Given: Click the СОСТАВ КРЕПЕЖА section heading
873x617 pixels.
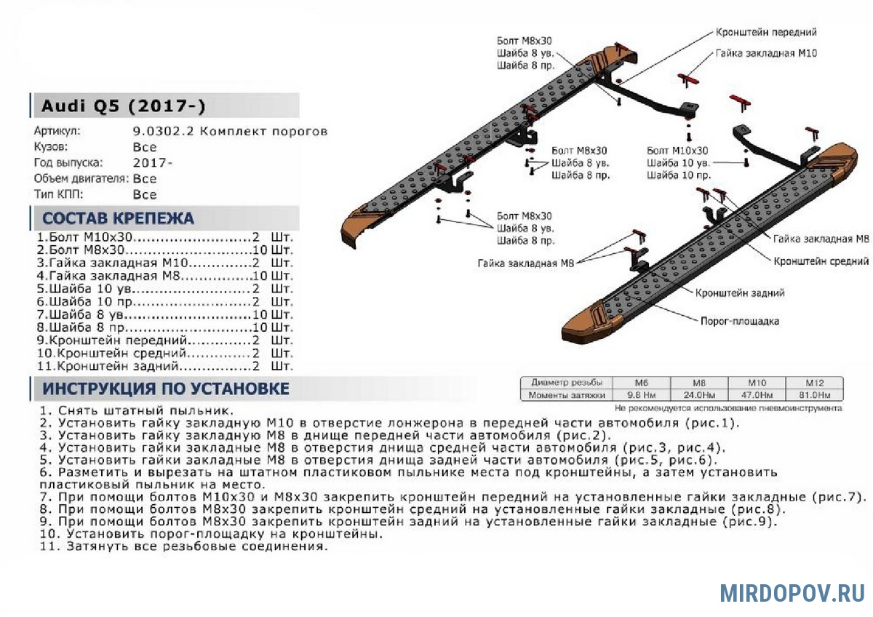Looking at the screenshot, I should point(118,218).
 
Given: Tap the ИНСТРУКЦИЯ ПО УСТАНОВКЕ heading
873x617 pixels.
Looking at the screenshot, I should point(166,389).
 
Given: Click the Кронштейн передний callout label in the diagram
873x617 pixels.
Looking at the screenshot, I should point(766,33).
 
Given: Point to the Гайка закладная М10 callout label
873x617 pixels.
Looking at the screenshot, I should point(766,54).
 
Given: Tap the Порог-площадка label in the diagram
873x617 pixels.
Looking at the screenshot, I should point(740,321).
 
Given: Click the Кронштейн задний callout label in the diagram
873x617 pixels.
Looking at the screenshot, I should point(740,292).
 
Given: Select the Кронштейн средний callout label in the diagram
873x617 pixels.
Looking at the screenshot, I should point(821,260).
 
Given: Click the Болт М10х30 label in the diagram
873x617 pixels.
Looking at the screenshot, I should point(677,151).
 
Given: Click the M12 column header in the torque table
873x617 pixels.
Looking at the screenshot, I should point(814,383).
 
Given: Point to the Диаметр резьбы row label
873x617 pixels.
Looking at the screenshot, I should point(567,383).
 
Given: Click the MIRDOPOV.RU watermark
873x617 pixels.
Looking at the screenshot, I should point(792,592).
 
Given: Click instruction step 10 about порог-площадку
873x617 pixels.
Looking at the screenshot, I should point(211,533).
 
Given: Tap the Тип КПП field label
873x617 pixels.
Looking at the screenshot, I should point(58,194).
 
